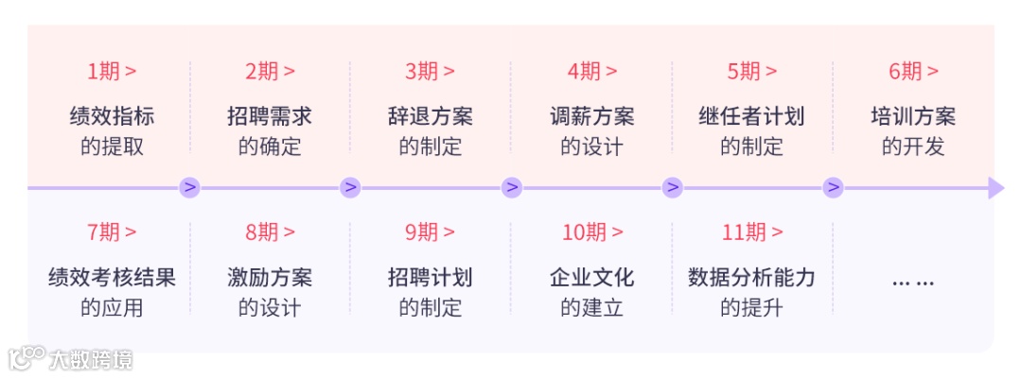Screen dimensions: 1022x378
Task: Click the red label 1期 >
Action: [x=112, y=71]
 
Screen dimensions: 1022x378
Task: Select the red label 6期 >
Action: [x=913, y=71]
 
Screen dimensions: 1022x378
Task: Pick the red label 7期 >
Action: [x=112, y=232]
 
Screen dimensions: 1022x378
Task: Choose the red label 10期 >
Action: [x=591, y=232]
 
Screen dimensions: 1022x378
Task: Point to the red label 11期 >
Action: [x=752, y=232]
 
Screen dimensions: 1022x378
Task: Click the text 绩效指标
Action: [x=112, y=116]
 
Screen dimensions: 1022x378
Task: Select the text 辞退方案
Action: [x=431, y=116]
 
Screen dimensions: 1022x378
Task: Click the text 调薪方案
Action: [x=591, y=116]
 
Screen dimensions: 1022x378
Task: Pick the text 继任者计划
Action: [x=752, y=116]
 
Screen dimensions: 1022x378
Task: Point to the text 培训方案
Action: [x=913, y=116]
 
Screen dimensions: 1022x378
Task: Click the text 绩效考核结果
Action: [x=112, y=277]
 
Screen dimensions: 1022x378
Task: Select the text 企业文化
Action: [x=591, y=277]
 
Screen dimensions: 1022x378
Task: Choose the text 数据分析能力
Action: [x=752, y=277]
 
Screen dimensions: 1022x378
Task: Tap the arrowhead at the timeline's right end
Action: [x=995, y=187]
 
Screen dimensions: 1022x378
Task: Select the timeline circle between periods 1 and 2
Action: [x=190, y=187]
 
